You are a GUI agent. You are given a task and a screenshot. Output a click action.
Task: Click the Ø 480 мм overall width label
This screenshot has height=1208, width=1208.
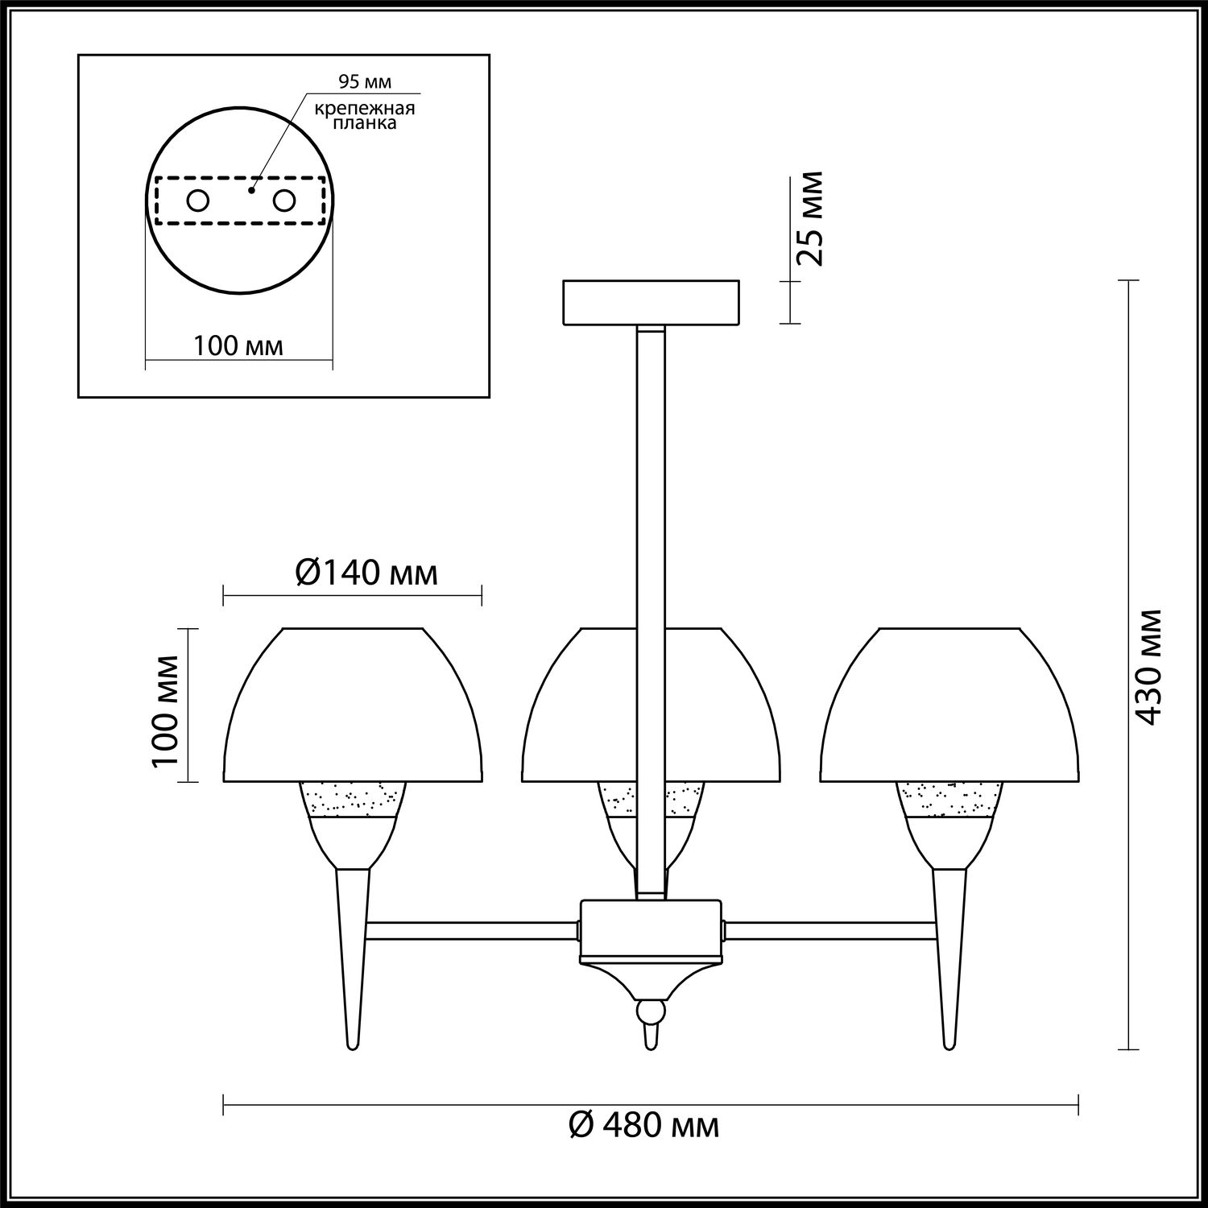[643, 1125]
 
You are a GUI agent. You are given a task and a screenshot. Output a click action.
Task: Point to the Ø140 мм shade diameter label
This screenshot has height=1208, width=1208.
[367, 573]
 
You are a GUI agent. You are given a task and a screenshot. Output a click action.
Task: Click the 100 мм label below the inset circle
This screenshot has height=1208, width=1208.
[238, 346]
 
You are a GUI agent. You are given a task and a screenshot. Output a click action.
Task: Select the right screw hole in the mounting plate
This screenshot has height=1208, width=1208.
[284, 201]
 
